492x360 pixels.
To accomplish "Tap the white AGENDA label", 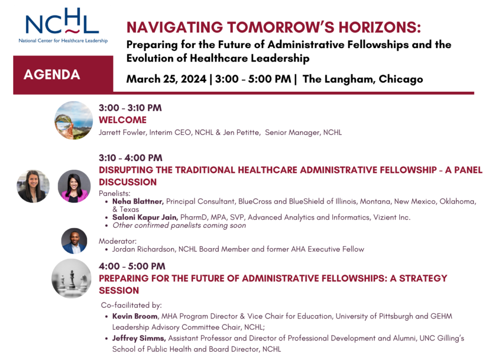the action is (x=52, y=75).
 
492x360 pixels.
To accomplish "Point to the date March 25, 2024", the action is (x=166, y=79).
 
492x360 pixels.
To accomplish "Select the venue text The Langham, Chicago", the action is (x=363, y=79).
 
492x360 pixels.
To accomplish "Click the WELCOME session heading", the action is (x=122, y=120).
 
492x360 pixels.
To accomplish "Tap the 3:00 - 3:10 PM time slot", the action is (x=130, y=108).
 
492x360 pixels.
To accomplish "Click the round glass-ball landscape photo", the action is (x=74, y=120).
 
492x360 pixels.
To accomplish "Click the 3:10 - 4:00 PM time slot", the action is (x=131, y=157).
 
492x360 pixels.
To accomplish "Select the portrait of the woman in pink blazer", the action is (x=74, y=186).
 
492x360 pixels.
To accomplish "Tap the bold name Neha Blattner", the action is (x=138, y=201).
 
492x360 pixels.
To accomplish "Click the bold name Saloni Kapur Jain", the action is (x=145, y=217).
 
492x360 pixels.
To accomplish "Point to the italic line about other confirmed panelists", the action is (x=179, y=225).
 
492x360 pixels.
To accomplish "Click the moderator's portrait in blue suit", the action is (x=74, y=241).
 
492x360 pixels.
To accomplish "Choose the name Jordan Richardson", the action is (x=143, y=249).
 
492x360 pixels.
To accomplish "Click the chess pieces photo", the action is (x=72, y=278).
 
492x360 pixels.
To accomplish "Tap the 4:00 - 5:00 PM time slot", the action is (x=132, y=266).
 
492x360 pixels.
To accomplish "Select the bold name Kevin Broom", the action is (x=135, y=316).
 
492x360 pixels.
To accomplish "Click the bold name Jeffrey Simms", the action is (x=139, y=338).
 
